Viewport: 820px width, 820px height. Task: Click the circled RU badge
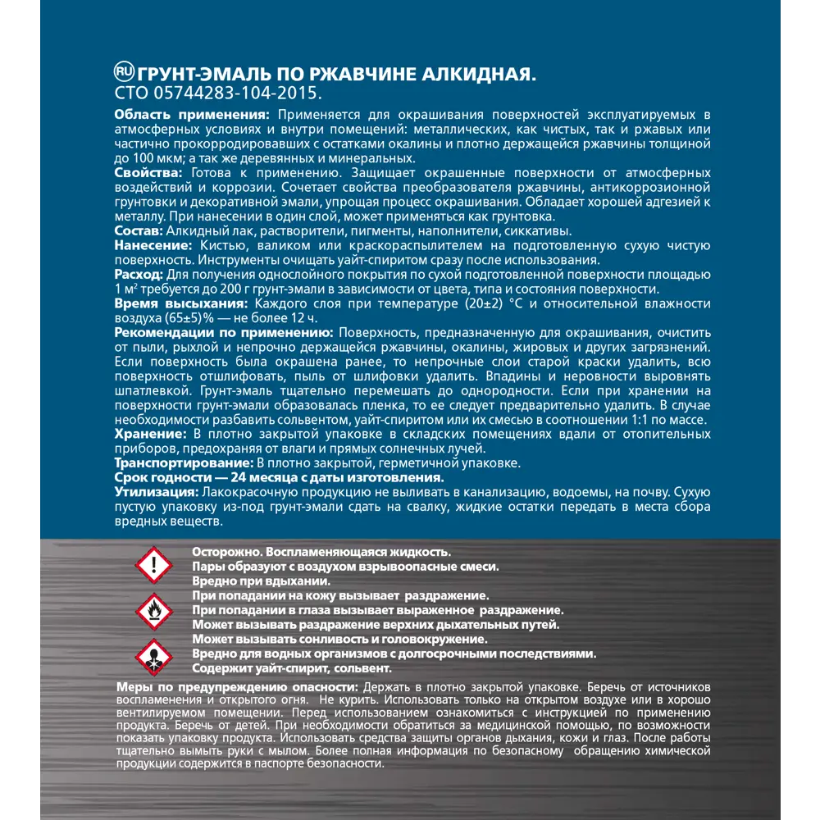click(125, 72)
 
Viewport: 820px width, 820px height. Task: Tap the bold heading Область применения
click(191, 115)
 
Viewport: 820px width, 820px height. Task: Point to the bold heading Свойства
click(149, 173)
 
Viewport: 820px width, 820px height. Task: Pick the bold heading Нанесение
click(153, 246)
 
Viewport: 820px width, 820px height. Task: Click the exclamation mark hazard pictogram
click(153, 564)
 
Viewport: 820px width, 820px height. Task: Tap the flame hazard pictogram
click(153, 611)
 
